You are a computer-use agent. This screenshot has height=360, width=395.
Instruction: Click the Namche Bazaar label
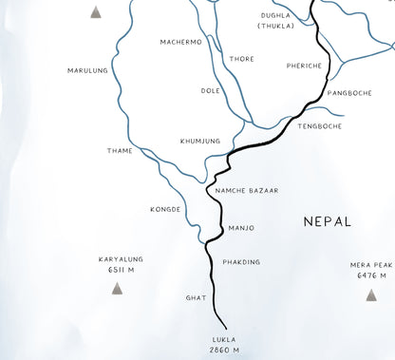pyautogui.click(x=246, y=191)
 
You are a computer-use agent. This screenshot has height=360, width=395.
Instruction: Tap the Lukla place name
pyautogui.click(x=224, y=339)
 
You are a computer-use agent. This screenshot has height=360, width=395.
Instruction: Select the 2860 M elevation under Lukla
pyautogui.click(x=224, y=350)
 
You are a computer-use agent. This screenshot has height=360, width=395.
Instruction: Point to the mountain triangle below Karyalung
pyautogui.click(x=117, y=288)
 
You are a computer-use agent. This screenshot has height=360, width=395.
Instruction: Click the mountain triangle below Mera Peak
pyautogui.click(x=370, y=294)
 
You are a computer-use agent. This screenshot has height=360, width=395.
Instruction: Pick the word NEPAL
pyautogui.click(x=328, y=221)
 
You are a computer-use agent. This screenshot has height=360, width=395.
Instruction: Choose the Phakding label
pyautogui.click(x=241, y=262)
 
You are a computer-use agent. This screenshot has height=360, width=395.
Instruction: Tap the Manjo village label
pyautogui.click(x=241, y=228)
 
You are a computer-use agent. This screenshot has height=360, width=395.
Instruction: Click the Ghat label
pyautogui.click(x=196, y=297)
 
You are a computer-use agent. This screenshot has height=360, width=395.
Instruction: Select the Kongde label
pyautogui.click(x=165, y=209)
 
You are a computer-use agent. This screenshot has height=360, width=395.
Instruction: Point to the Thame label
pyautogui.click(x=120, y=150)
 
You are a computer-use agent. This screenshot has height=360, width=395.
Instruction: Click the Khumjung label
pyautogui.click(x=200, y=141)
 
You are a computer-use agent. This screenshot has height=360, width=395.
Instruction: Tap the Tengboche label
pyautogui.click(x=319, y=126)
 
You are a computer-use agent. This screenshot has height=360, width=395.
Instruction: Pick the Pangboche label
pyautogui.click(x=348, y=93)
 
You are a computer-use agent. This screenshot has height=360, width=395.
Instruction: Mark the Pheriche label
pyautogui.click(x=305, y=66)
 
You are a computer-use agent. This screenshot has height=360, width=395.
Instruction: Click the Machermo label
pyautogui.click(x=181, y=42)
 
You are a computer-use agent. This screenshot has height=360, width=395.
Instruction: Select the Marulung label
pyautogui.click(x=88, y=70)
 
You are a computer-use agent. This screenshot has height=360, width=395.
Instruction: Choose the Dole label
pyautogui.click(x=210, y=91)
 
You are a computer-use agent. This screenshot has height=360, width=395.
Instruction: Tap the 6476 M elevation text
pyautogui.click(x=370, y=275)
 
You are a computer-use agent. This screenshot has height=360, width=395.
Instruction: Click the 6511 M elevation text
pyautogui.click(x=121, y=270)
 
